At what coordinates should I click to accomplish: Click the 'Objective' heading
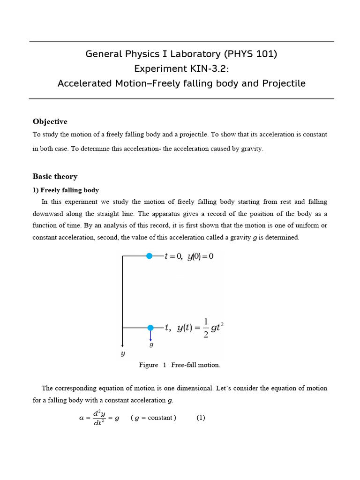click(50, 121)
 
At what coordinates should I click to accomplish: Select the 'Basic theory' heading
click(55, 176)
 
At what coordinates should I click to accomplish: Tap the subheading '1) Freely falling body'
click(66, 190)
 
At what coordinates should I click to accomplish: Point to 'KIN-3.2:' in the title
click(209, 69)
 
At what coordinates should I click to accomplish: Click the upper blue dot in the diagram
click(149, 256)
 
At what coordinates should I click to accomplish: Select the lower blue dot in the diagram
click(150, 328)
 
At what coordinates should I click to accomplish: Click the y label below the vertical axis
click(123, 354)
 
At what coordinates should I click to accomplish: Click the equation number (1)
click(201, 418)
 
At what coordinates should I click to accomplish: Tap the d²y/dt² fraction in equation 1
click(98, 418)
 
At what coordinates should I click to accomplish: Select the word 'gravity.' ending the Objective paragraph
click(252, 149)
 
